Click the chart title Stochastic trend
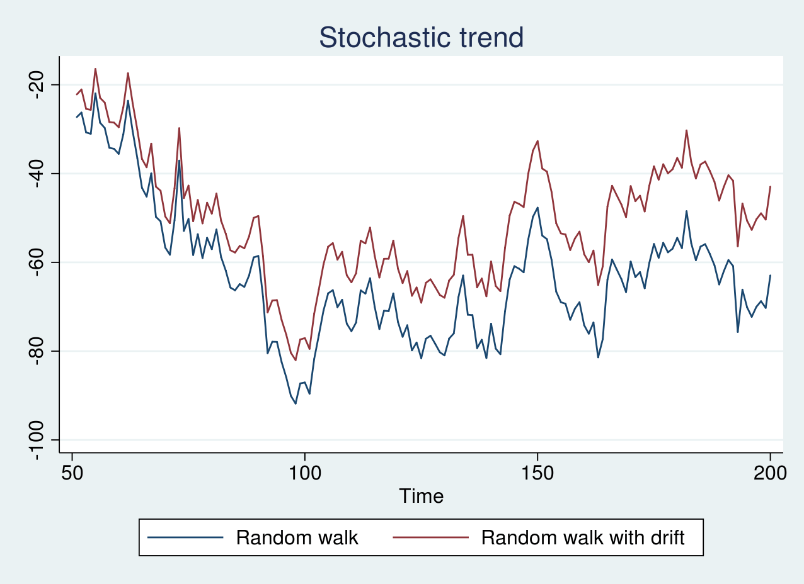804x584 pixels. [421, 38]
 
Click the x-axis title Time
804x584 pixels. [421, 496]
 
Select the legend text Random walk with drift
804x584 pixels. [583, 538]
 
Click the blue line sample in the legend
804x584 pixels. [185, 538]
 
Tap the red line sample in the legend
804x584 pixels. [430, 538]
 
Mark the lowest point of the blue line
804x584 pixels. [296, 403]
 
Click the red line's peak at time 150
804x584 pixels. [537, 141]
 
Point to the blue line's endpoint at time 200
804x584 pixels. [770, 276]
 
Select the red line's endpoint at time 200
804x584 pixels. [770, 187]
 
